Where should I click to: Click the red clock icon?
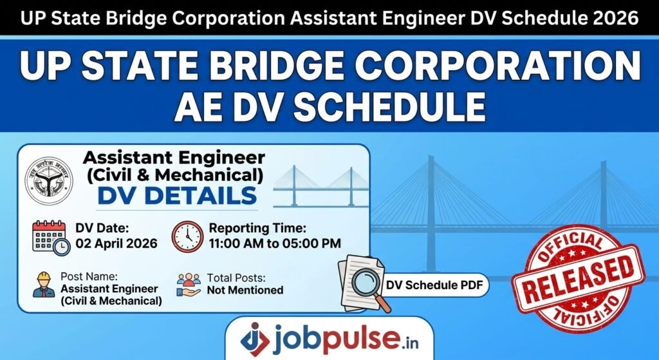(x=187, y=236)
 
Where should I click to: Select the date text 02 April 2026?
(x=116, y=244)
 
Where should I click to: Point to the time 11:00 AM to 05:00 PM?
(x=275, y=244)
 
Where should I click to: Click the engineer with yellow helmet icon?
(x=44, y=284)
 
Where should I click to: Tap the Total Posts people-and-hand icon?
(x=189, y=284)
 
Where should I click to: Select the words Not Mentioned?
(x=245, y=290)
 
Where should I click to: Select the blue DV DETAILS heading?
(x=176, y=196)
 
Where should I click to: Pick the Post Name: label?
(x=86, y=276)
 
